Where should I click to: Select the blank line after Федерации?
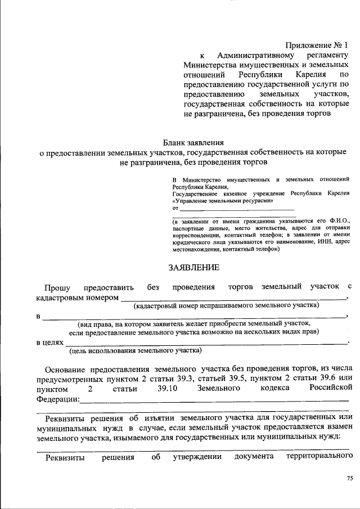[x=214, y=400]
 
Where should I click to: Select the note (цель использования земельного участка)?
[x=136, y=351]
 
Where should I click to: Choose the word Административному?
[x=256, y=55]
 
